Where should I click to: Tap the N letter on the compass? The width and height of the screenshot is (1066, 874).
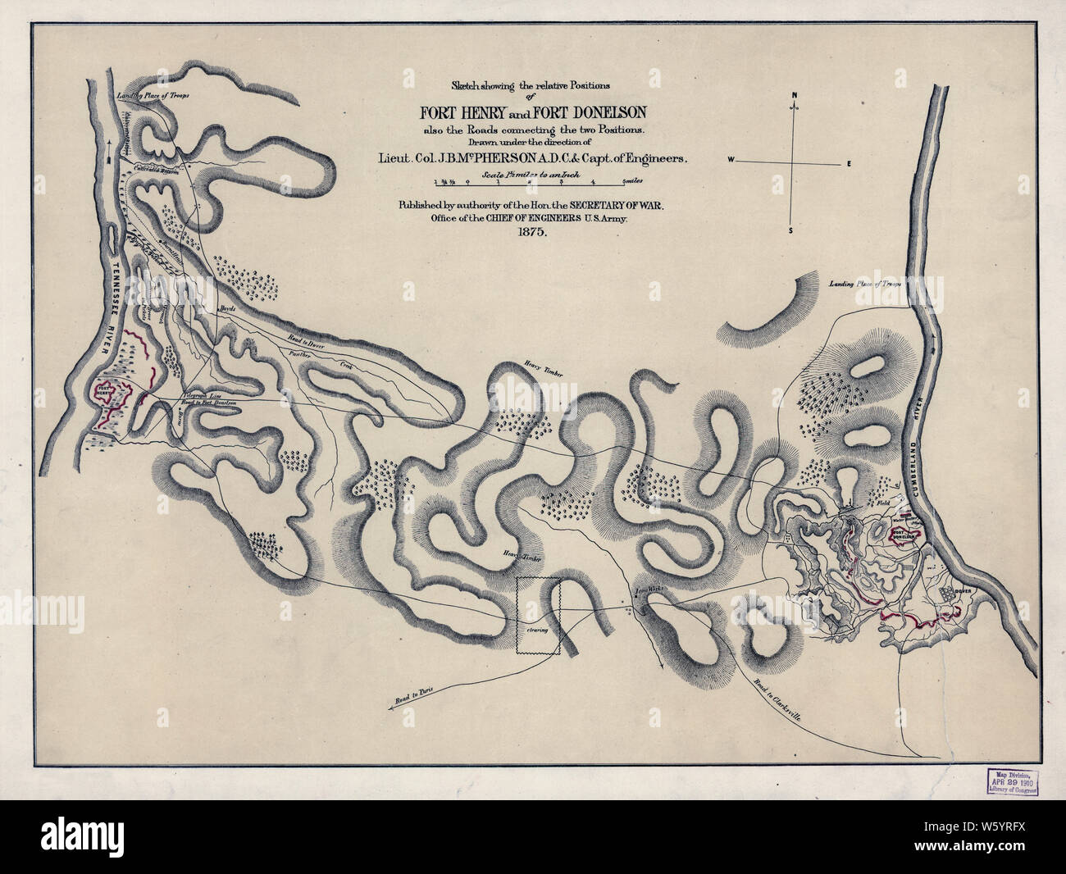click(x=794, y=96)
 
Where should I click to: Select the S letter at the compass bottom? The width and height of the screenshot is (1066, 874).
click(x=790, y=230)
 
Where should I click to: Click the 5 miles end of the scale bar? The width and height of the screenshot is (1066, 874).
click(x=633, y=181)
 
